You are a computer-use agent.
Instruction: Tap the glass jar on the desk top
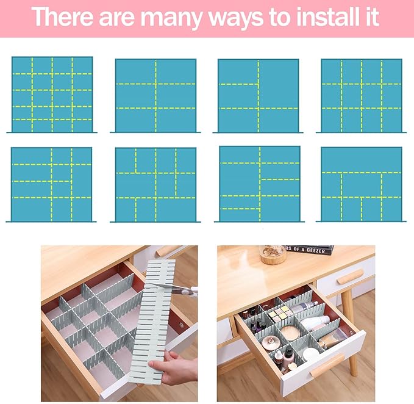pyautogui.click(x=272, y=253)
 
